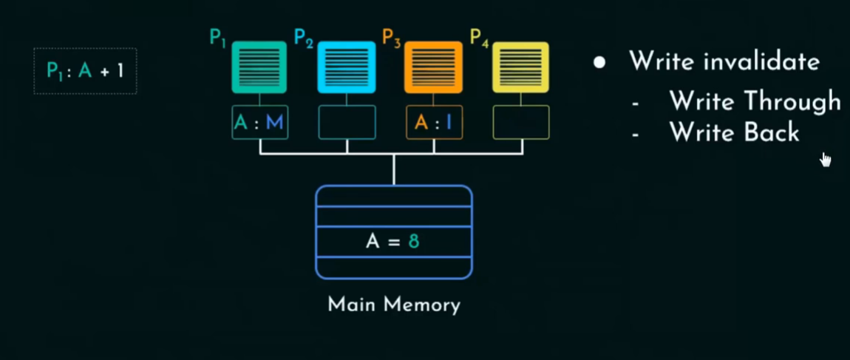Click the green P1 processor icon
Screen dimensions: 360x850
pos(259,67)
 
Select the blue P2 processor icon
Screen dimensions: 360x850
pos(347,67)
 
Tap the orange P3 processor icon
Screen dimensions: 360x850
pos(434,67)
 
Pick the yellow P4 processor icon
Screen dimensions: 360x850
pos(521,67)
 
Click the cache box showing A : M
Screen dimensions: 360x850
pos(259,123)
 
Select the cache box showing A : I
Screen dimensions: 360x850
pos(434,123)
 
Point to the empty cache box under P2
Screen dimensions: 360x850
pos(347,123)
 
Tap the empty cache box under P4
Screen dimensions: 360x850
pos(521,123)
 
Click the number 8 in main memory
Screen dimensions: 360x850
pos(414,241)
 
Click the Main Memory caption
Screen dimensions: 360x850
pos(394,305)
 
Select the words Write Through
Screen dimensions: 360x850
pos(754,101)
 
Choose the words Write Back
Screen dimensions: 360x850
pos(734,132)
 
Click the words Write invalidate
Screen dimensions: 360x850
pos(724,61)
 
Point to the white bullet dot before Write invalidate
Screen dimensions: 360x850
pos(599,62)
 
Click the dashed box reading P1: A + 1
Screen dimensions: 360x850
pos(85,71)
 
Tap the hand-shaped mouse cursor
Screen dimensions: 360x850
pos(825,160)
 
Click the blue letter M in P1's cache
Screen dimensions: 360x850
pos(275,123)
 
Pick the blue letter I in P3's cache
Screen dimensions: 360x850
pos(448,123)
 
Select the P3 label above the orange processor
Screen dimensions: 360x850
pos(392,37)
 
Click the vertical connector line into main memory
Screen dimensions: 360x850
pos(394,170)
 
